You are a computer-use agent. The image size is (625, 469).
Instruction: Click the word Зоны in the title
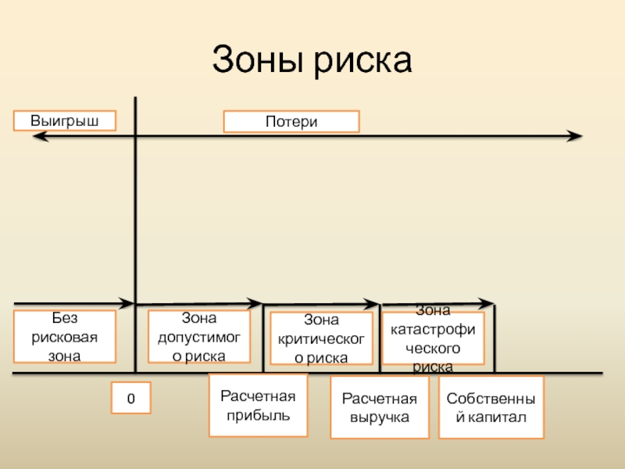pos(259,60)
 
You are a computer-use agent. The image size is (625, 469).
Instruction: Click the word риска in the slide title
pos(363,60)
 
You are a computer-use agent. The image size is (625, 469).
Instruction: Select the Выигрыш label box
pos(65,120)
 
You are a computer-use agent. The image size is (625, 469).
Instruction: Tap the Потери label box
pos(291,121)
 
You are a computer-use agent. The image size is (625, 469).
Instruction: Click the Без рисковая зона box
pos(65,337)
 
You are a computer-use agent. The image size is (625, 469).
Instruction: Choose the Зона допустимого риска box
pos(198,337)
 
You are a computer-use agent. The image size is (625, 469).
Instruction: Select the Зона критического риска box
pos(321,339)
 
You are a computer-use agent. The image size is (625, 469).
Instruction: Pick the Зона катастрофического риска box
pos(433,339)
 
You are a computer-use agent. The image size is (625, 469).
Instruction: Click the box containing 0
pos(130,399)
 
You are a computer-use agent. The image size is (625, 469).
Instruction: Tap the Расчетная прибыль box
pos(258,405)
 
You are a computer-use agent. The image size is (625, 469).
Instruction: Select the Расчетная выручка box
pos(380,408)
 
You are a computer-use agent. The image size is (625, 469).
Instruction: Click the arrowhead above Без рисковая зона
pos(128,302)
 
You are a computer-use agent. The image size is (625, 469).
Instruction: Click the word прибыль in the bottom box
pos(258,414)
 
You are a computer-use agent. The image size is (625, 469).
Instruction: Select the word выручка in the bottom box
pos(380,417)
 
